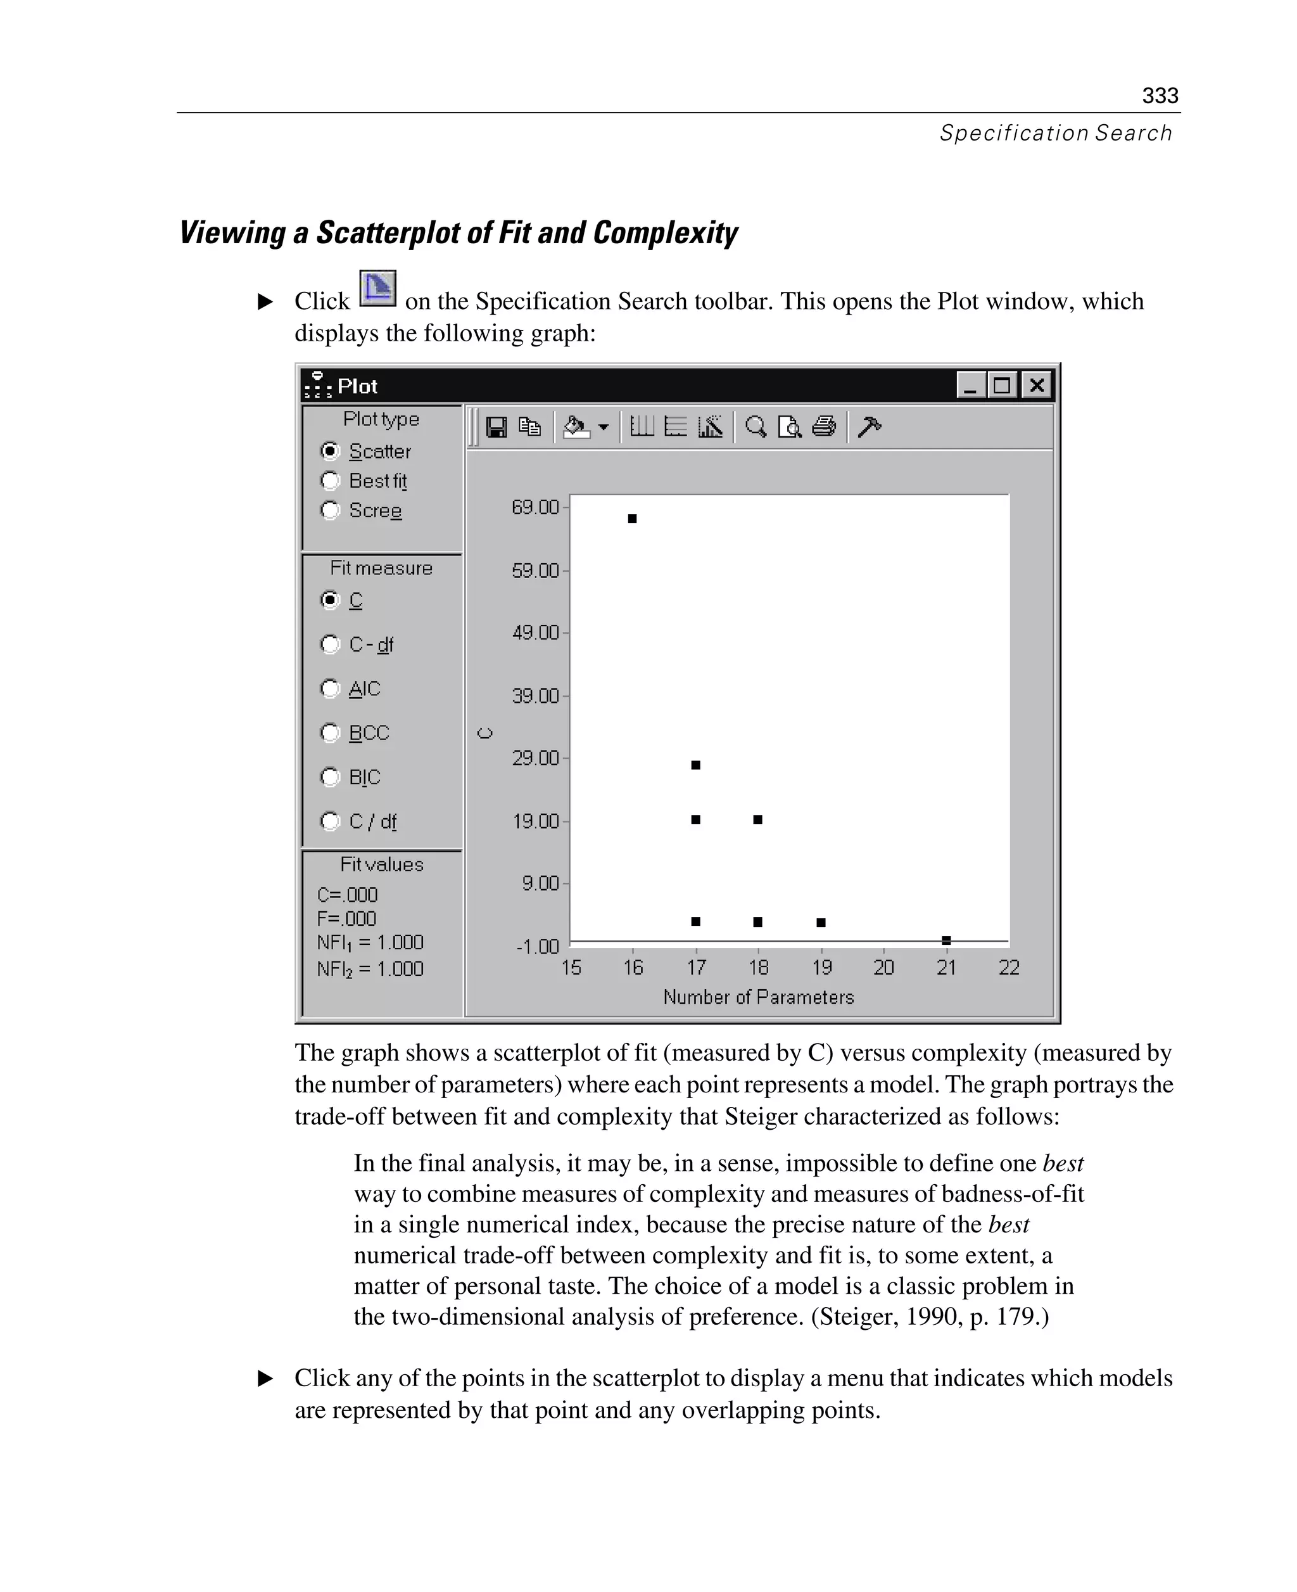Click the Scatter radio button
pos(330,452)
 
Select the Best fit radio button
pos(330,481)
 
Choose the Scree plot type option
pos(330,510)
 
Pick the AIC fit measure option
pos(330,688)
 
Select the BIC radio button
pos(330,777)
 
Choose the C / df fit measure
pos(330,821)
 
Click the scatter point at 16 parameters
pos(632,519)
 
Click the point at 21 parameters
pos(946,940)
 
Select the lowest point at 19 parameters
pos(821,922)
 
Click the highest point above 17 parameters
pos(695,765)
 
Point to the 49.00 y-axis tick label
pos(535,633)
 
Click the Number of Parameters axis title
pos(758,997)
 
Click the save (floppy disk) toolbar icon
pos(496,427)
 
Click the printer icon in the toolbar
pos(824,427)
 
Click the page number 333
pos(1160,96)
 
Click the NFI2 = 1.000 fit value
pos(370,969)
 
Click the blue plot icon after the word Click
pos(377,288)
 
